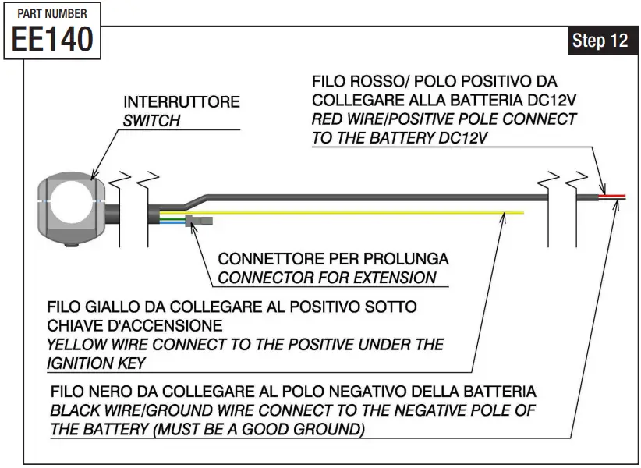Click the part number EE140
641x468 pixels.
coord(52,39)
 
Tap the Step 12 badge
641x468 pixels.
coord(600,41)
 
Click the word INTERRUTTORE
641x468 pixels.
coord(182,103)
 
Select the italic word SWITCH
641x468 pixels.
coord(151,121)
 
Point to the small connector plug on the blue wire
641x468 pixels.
coord(201,222)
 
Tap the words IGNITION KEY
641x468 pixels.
coord(97,363)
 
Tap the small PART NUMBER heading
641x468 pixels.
coord(52,13)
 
